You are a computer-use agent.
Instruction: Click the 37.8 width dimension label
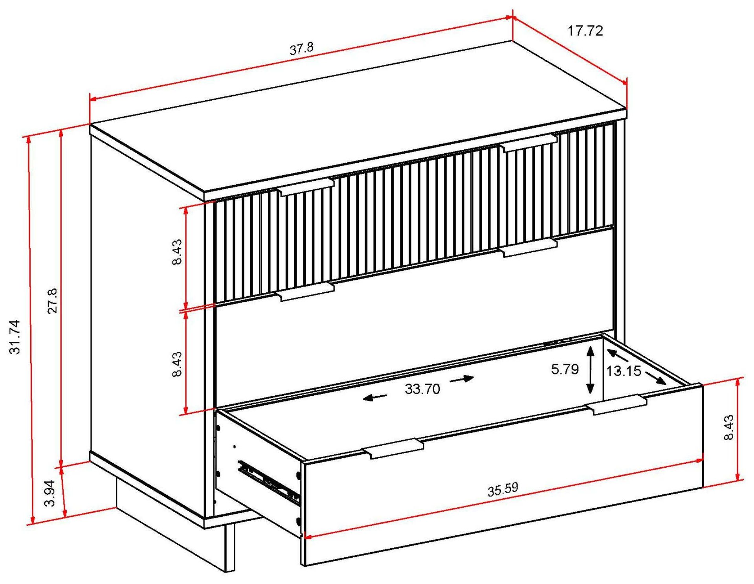coord(302,49)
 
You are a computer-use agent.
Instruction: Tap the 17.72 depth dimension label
coord(585,31)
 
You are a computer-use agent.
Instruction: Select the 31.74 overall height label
coord(15,337)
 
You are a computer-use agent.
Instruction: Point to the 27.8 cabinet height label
coord(52,301)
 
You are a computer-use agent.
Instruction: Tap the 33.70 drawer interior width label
coord(422,389)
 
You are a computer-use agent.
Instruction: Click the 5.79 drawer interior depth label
coord(565,369)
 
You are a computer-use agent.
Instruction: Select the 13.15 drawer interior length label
coord(624,371)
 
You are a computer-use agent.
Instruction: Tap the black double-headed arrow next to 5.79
coord(590,370)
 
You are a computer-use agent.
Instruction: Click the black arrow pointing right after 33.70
coord(462,380)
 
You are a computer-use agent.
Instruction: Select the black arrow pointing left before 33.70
coord(374,398)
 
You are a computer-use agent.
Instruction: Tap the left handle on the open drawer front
coord(393,448)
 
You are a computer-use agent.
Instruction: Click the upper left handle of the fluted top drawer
coord(306,186)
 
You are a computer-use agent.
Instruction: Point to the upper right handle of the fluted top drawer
coord(528,143)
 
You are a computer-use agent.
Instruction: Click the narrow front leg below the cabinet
coord(229,546)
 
